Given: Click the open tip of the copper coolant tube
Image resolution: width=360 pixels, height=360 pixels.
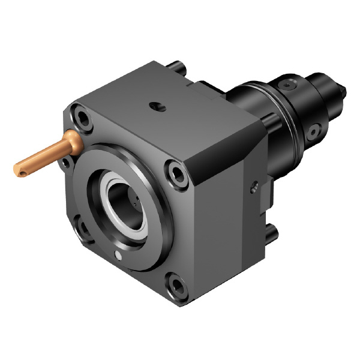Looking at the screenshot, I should coord(18,172).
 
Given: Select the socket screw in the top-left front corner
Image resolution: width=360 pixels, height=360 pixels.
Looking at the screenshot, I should coord(81,117).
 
